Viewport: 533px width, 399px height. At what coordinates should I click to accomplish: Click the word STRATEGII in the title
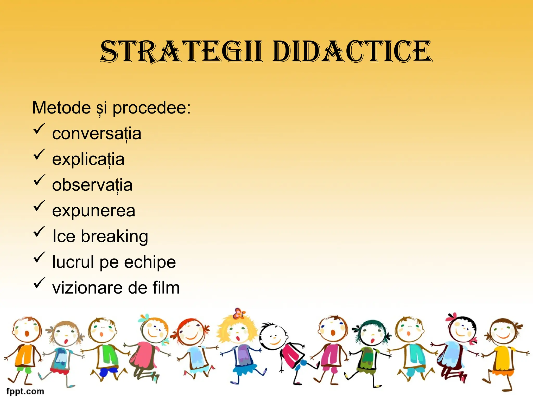coord(181,52)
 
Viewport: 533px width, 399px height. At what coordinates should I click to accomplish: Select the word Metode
coord(61,108)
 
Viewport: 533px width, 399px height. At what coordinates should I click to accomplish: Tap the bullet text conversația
coord(97,134)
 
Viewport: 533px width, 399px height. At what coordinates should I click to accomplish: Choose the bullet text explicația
coord(88,159)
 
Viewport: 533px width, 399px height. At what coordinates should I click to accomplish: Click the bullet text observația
coord(92,185)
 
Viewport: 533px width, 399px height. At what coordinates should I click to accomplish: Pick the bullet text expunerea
coord(94,210)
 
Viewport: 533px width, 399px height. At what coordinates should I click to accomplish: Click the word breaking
coord(115,236)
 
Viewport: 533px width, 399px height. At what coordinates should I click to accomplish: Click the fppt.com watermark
coord(25,391)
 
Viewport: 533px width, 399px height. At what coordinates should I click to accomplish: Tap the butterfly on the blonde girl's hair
coord(239,313)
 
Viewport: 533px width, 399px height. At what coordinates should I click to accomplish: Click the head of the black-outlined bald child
coord(273,335)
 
